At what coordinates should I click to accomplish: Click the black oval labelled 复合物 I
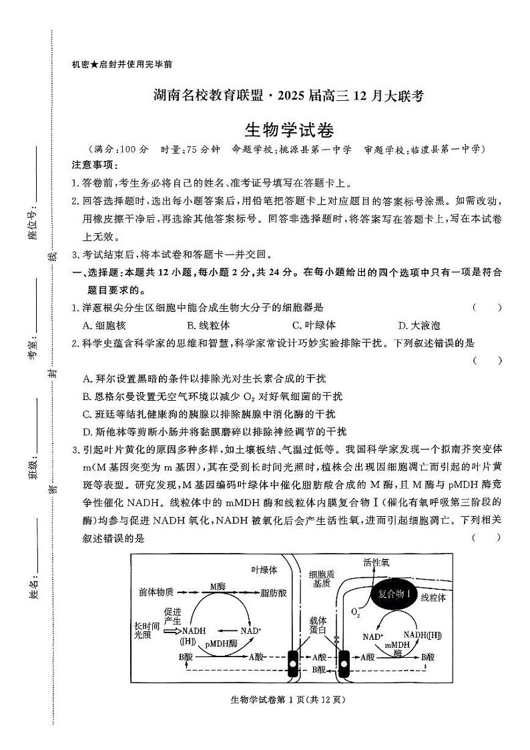(x=394, y=593)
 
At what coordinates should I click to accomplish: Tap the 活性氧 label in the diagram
(x=376, y=563)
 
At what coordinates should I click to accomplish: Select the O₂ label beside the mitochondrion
(x=356, y=612)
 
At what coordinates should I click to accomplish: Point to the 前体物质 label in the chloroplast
(x=157, y=592)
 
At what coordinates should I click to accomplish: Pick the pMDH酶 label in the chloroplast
(x=222, y=644)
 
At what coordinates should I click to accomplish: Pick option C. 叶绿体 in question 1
(x=314, y=325)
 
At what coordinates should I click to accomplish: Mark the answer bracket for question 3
(x=487, y=538)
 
